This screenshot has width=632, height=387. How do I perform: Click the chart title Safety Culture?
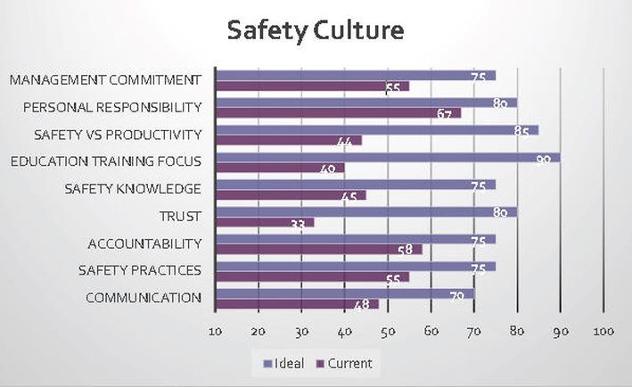point(316,31)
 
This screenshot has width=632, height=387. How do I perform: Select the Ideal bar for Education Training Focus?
point(388,157)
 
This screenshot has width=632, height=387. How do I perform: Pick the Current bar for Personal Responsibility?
point(339,113)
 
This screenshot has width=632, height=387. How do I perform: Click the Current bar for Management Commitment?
point(313,86)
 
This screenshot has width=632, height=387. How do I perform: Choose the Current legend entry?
point(342,364)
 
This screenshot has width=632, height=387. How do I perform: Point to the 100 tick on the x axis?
point(603,333)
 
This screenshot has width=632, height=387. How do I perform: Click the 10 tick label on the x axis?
point(216,333)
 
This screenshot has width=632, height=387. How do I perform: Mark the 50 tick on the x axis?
point(389,333)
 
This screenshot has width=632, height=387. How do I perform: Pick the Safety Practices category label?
point(140,270)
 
